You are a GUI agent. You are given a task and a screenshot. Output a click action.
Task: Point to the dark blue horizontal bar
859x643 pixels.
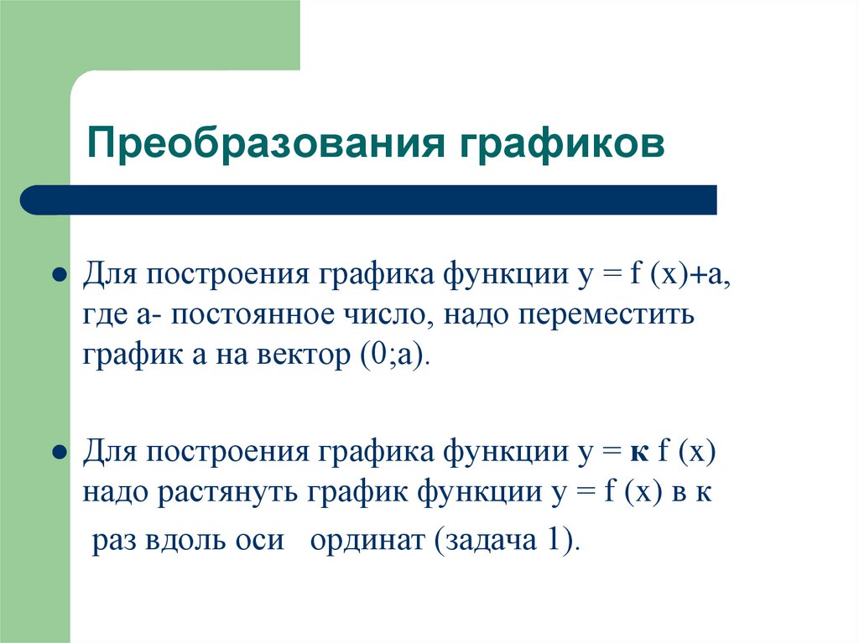point(369,200)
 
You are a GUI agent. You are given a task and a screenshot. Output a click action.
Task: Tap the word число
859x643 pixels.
point(390,315)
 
